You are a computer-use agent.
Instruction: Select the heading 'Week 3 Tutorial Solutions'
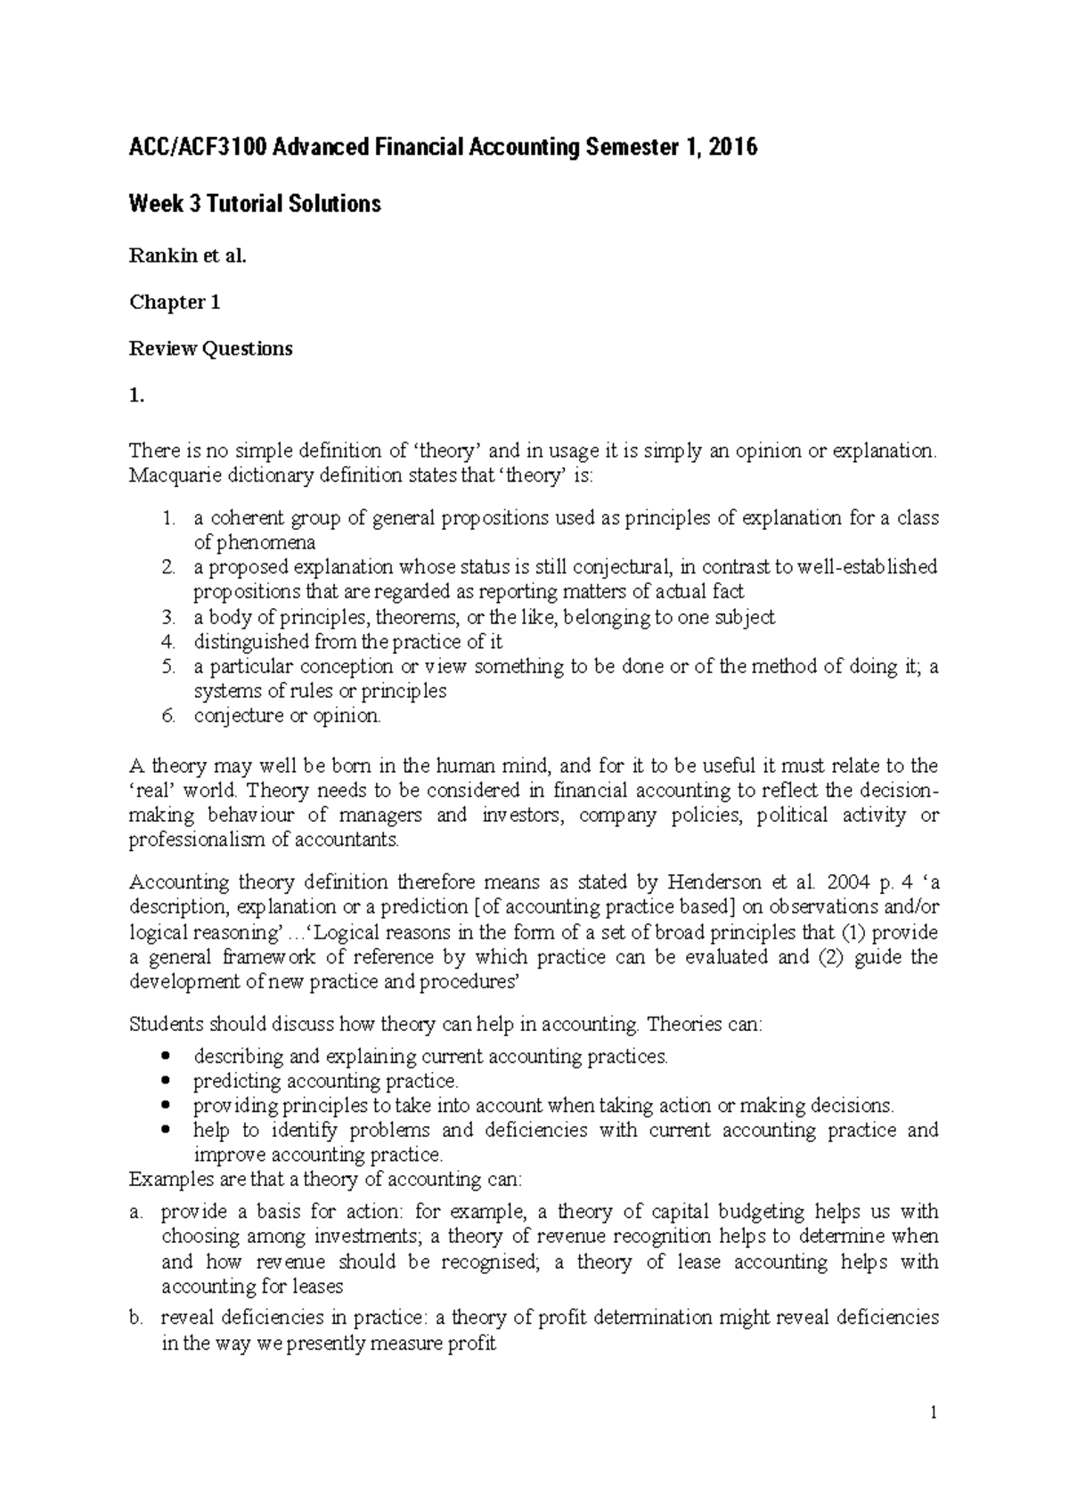(x=255, y=204)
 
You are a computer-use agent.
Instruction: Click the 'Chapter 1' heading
(x=175, y=302)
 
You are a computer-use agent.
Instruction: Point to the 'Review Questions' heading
(x=211, y=348)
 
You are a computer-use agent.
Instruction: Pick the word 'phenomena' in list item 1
(x=254, y=542)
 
